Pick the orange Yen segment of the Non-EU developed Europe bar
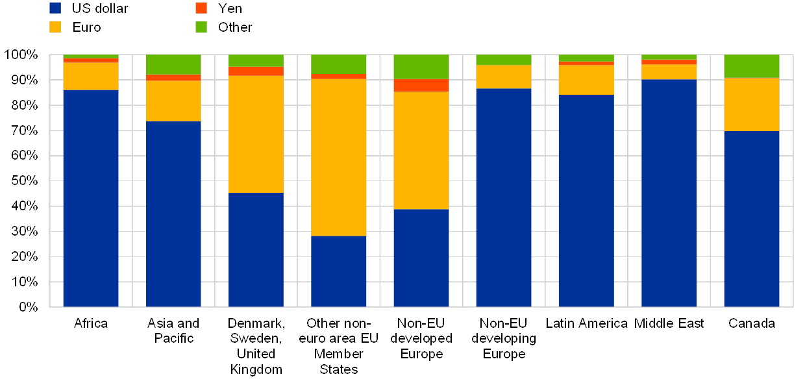pyautogui.click(x=421, y=86)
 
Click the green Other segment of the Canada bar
pyautogui.click(x=751, y=66)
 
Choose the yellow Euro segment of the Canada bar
pyautogui.click(x=751, y=105)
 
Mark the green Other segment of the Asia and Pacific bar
pyautogui.click(x=173, y=64)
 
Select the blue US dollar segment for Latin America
pyautogui.click(x=586, y=201)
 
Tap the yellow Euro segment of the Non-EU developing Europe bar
pyautogui.click(x=503, y=77)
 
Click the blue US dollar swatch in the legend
pyautogui.click(x=56, y=8)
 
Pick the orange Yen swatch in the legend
pyautogui.click(x=201, y=8)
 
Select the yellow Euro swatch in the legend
pyautogui.click(x=56, y=27)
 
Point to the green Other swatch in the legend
pyautogui.click(x=201, y=27)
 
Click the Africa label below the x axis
pyautogui.click(x=91, y=323)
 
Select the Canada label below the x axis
pyautogui.click(x=751, y=323)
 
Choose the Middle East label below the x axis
pyautogui.click(x=669, y=323)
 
